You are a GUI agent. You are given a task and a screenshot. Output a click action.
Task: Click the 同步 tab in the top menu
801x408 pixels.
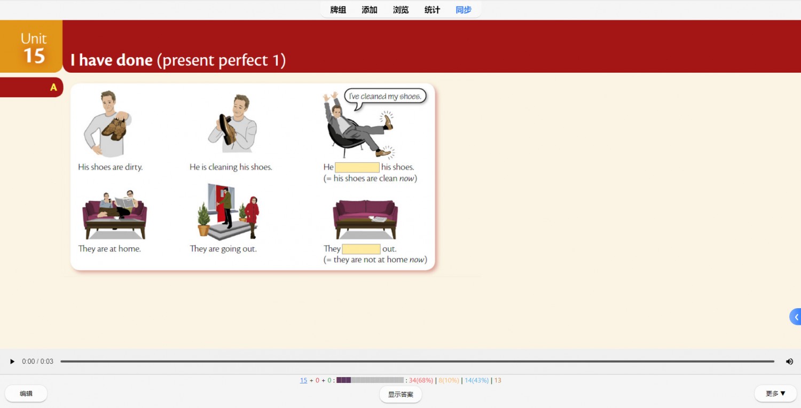(x=464, y=10)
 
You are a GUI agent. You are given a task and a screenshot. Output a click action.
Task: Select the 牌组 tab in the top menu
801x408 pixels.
(x=338, y=10)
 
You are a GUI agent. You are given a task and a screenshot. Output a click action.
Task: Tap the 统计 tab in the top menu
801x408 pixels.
(x=432, y=10)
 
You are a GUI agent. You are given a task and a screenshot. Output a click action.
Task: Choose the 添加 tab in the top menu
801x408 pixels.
(x=370, y=10)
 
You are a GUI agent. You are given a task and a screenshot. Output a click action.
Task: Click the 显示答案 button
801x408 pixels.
(x=400, y=395)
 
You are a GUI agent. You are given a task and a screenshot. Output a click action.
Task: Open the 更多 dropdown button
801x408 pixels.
(x=775, y=394)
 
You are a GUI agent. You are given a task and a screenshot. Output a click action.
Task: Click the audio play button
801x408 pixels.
(x=12, y=362)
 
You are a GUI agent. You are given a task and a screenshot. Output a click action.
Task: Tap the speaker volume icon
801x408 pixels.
(x=790, y=362)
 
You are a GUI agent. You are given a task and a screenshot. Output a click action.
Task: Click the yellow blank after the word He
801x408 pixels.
(x=357, y=167)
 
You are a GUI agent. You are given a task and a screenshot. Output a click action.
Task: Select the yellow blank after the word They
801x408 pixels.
(x=361, y=248)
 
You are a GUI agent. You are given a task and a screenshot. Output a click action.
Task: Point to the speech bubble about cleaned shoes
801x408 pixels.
(x=385, y=97)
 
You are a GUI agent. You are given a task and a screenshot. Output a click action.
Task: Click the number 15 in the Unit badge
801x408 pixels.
(x=34, y=56)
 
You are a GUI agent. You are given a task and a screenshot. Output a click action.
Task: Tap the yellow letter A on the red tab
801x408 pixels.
(x=53, y=87)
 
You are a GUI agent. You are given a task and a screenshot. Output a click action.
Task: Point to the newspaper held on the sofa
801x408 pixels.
(x=124, y=202)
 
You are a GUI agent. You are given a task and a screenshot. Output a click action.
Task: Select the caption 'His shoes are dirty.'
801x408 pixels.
(x=110, y=167)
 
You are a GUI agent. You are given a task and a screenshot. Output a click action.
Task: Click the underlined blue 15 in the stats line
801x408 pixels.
(x=303, y=380)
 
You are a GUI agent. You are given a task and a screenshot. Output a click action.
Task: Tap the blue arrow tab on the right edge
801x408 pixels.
(x=796, y=317)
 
